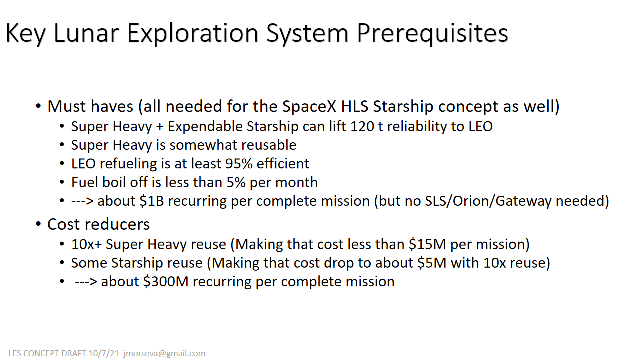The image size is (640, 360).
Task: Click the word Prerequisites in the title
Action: tap(432, 33)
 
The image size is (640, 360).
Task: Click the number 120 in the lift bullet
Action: tap(362, 126)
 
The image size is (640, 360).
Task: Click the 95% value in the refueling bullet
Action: tap(239, 164)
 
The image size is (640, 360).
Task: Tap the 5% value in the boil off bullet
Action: tap(236, 182)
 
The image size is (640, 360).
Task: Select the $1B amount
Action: tap(152, 201)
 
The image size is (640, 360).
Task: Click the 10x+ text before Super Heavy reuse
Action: tap(86, 245)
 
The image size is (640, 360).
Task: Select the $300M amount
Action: tap(166, 282)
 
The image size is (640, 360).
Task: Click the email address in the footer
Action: tap(164, 353)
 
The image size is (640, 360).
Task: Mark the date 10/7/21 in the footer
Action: tap(104, 353)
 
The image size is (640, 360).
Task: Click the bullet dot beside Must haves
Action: tap(38, 107)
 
